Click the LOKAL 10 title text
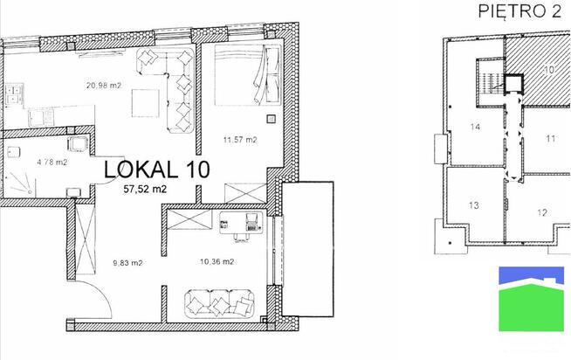pos(157,170)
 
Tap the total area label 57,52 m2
pos(145,189)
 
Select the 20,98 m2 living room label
pos(104,86)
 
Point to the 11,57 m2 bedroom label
pos(240,140)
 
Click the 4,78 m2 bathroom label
pos(52,163)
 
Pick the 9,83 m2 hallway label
pos(127,263)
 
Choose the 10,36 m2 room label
pos(217,261)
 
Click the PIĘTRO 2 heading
pos(519,11)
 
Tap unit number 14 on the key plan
pos(475,127)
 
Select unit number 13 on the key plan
pos(474,205)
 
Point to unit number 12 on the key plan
pos(542,212)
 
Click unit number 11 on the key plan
pos(551,139)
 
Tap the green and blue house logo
pos(532,299)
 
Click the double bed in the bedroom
pos(248,74)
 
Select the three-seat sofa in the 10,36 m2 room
pos(220,303)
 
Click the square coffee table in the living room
pos(145,103)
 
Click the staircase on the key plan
pos(490,81)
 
